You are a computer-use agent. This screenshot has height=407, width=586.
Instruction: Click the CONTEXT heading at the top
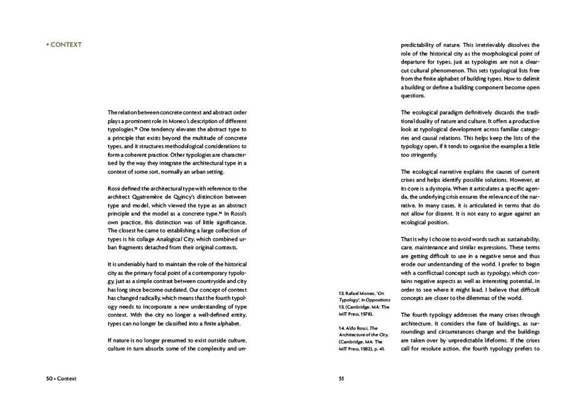[65, 45]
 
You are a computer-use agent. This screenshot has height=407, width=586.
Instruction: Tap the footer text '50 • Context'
[61, 378]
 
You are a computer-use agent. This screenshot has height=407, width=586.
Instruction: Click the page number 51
[342, 378]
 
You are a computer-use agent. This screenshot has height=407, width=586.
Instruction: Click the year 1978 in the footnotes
[364, 313]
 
